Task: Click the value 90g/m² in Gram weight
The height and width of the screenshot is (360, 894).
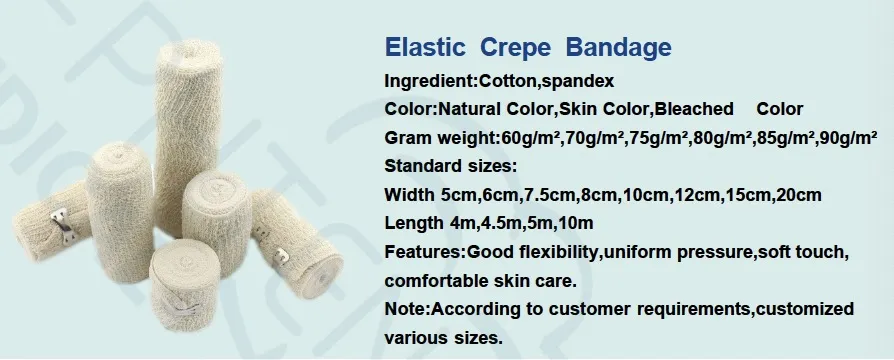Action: (847, 137)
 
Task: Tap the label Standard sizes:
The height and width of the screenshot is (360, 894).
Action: (450, 165)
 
